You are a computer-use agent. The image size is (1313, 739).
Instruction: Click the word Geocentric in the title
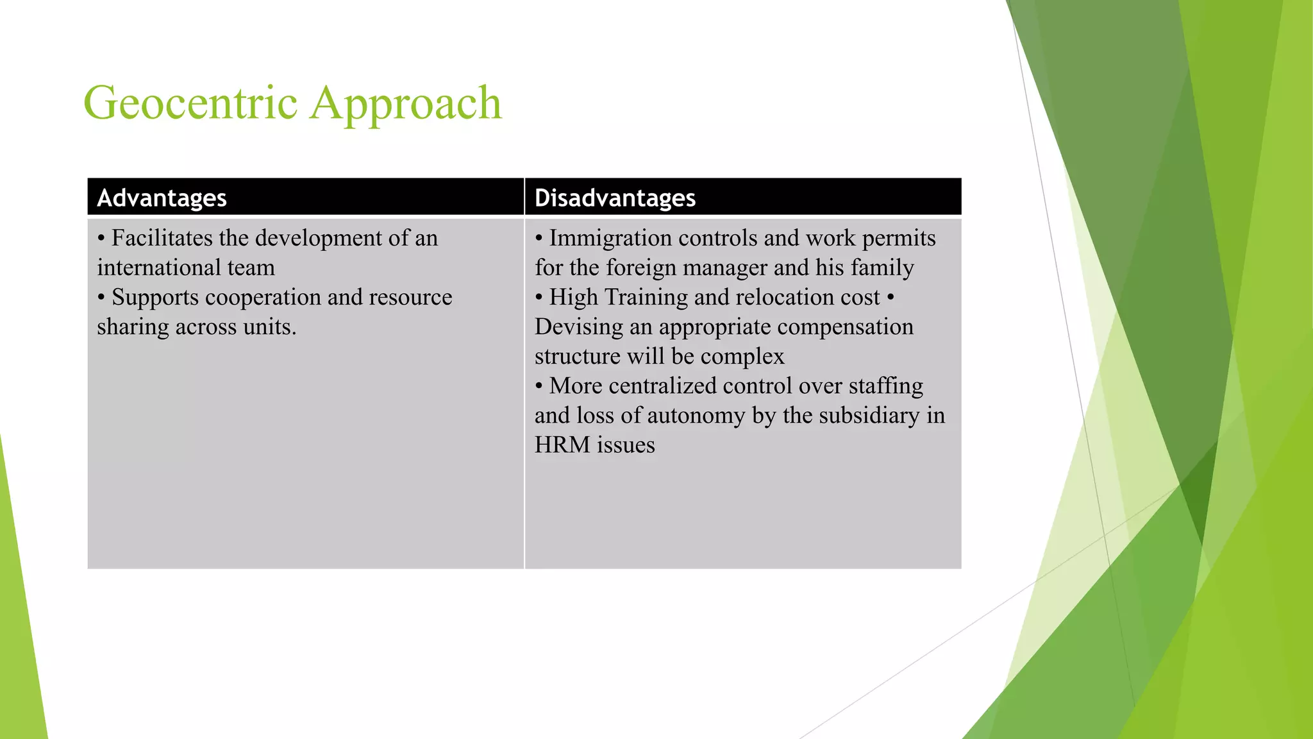[x=190, y=104]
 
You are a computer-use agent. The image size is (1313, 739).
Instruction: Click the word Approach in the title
[x=406, y=104]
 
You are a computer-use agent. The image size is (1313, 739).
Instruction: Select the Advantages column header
[x=162, y=198]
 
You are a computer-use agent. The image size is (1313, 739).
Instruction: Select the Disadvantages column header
[x=615, y=198]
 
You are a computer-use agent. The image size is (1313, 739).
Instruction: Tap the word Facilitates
[x=162, y=238]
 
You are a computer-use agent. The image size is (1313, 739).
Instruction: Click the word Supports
[x=155, y=298]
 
